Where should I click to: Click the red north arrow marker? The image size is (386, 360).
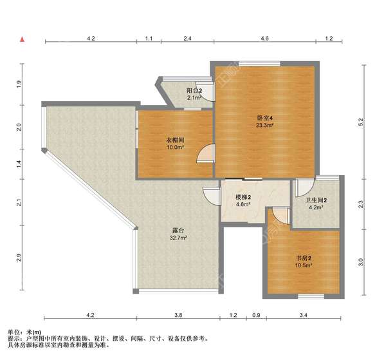click(22, 40)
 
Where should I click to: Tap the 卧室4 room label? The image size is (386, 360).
click(265, 118)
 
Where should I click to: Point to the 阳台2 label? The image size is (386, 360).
click(194, 91)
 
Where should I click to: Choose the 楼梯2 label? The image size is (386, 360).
click(243, 197)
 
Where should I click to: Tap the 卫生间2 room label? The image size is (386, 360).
click(316, 200)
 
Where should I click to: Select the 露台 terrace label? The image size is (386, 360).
click(178, 230)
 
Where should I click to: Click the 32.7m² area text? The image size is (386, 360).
click(178, 238)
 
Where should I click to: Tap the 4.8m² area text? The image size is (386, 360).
click(243, 205)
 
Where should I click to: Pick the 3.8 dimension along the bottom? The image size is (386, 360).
click(179, 315)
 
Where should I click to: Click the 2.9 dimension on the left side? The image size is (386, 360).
click(20, 259)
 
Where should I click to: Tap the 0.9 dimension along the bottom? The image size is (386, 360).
click(256, 315)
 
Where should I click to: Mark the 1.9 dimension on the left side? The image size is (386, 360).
click(20, 84)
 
